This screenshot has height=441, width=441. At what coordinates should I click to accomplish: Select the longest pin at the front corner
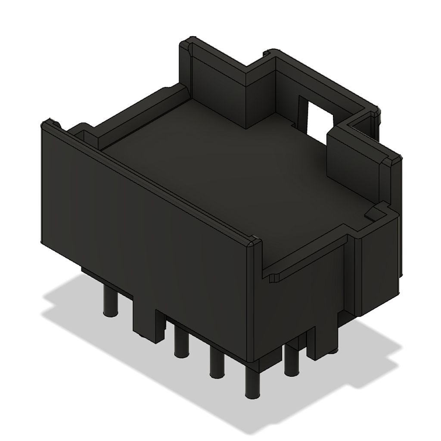click(252, 381)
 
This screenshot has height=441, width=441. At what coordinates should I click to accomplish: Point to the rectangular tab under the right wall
click(321, 340)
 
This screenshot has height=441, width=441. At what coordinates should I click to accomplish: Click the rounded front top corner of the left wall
click(254, 243)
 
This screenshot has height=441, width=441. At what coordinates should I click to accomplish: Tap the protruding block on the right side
click(377, 263)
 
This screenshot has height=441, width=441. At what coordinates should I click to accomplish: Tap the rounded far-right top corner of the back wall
click(377, 113)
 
